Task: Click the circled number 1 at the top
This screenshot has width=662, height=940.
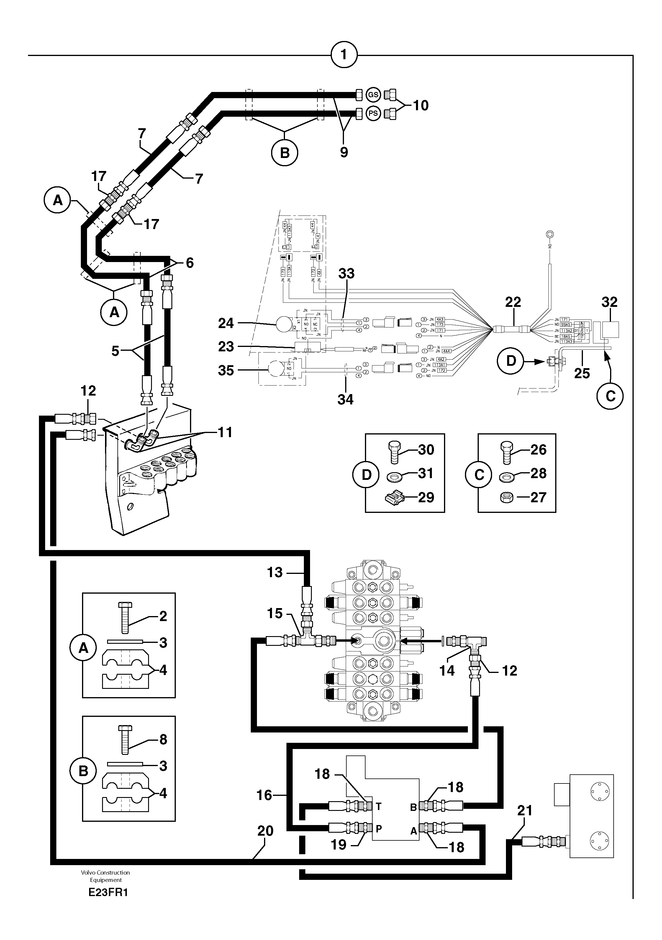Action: pos(344,55)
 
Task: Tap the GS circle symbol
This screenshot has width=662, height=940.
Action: pos(373,95)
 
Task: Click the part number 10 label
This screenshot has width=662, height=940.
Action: pos(420,106)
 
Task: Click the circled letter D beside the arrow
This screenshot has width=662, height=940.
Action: pos(511,361)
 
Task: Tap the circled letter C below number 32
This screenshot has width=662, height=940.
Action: pos(610,396)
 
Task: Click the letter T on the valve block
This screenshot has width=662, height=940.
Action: pos(378,806)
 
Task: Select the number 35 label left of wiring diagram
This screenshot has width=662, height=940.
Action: pos(226,370)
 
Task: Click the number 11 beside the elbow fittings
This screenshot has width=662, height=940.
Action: pos(225,432)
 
